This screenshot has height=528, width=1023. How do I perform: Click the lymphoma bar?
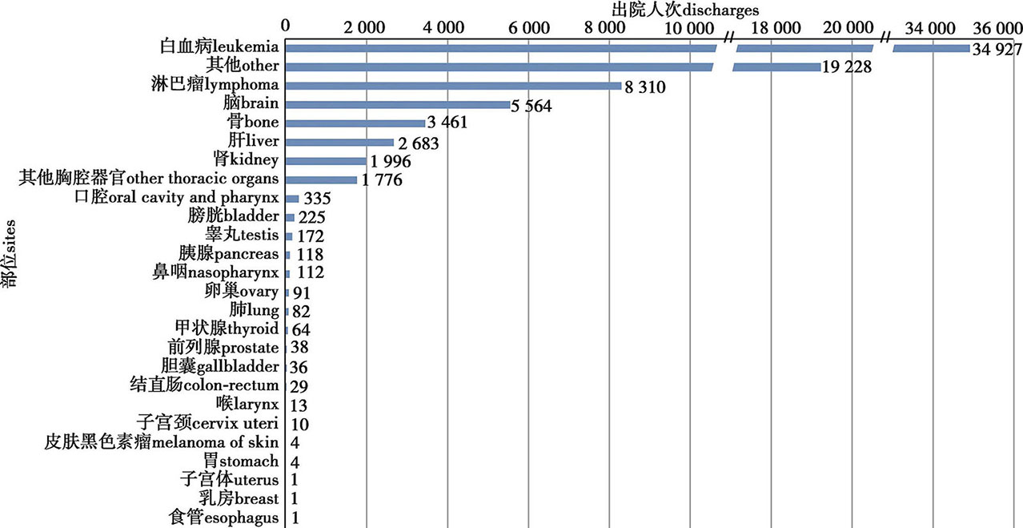coord(453,86)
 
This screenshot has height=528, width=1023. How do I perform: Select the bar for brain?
coord(397,105)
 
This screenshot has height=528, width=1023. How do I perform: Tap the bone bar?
coord(355,123)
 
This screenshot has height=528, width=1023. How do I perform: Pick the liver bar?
coord(339,143)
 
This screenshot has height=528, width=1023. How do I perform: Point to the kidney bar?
coord(326,161)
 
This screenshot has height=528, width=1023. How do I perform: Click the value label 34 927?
coord(995,50)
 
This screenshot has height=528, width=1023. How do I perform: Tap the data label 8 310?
coord(648,87)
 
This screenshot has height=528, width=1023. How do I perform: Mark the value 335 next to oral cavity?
coord(317,199)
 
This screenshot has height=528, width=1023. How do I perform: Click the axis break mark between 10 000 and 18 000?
coord(729,38)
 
